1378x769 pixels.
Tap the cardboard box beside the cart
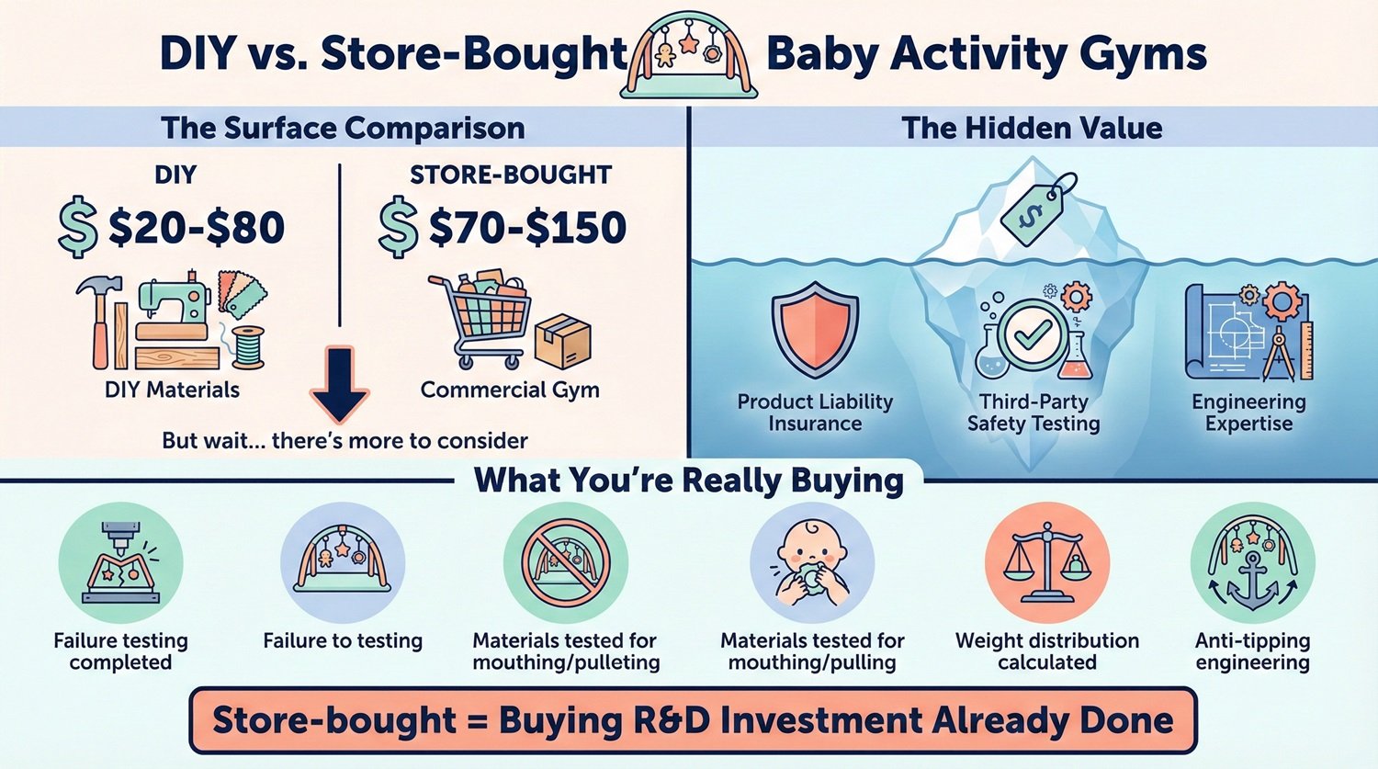(562, 342)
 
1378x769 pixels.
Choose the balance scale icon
(1047, 563)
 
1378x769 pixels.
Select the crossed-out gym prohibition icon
(566, 563)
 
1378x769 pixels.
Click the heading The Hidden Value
(1032, 128)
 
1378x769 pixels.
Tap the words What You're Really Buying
(689, 481)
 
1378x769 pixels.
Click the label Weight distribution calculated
(1047, 651)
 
